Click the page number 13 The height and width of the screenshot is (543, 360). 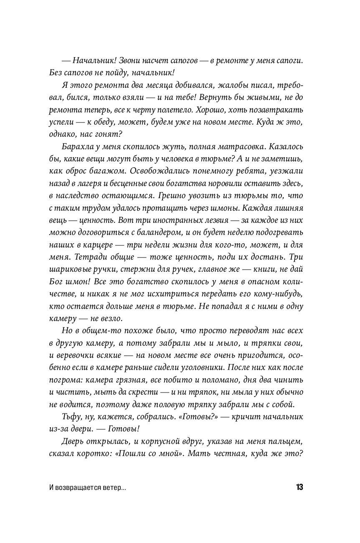299,487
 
